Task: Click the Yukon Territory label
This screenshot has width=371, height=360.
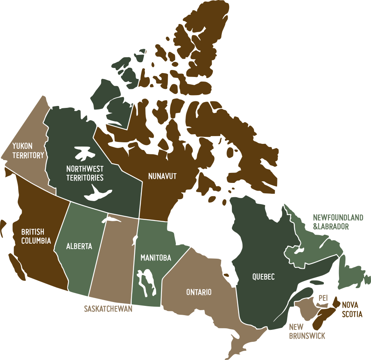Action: [28, 151]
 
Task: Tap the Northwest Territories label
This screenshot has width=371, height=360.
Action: [85, 174]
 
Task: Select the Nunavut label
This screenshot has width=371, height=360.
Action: [162, 176]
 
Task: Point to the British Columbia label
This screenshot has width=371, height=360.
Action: [36, 236]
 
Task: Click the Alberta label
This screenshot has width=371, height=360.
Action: [79, 246]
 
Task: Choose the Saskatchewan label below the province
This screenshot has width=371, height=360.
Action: [108, 309]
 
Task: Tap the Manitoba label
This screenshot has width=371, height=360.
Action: [156, 258]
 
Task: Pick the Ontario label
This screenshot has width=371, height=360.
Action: [199, 292]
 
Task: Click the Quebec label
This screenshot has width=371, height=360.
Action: [263, 277]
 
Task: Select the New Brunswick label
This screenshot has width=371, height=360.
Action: [307, 331]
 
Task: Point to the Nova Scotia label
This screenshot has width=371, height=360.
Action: [352, 310]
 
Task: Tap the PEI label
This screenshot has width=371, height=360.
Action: [323, 299]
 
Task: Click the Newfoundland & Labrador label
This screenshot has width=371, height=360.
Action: [338, 222]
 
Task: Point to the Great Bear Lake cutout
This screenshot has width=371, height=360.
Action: [83, 152]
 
